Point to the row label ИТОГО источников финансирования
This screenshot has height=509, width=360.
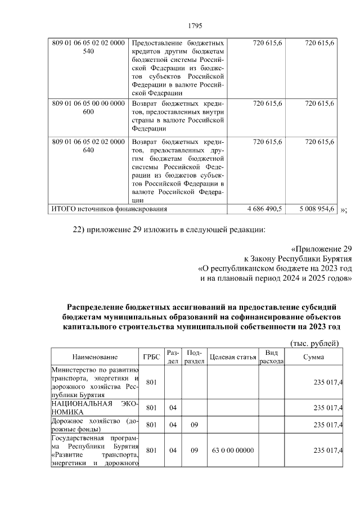click(109, 209)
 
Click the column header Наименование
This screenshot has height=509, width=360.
click(94, 357)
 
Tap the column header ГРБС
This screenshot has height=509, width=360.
click(151, 357)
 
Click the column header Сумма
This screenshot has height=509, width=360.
click(313, 357)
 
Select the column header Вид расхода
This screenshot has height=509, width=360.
click(271, 357)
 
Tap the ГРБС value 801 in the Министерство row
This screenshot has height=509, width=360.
click(151, 382)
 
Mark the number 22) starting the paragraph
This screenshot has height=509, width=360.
click(80, 229)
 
